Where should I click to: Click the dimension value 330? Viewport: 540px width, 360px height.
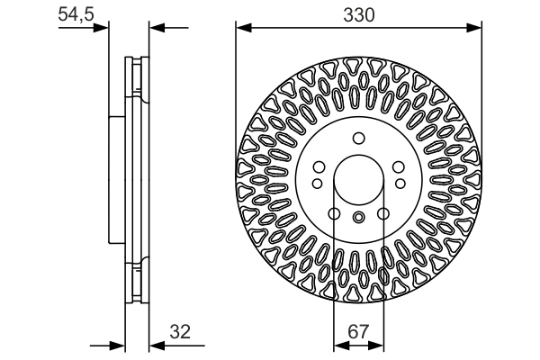click(x=358, y=15)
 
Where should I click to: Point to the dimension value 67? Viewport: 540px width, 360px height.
click(x=358, y=331)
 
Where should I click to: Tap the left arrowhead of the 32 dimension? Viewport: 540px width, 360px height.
click(x=117, y=345)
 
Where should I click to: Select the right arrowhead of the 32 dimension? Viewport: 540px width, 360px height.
click(x=153, y=345)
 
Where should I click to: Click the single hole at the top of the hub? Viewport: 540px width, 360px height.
click(x=358, y=138)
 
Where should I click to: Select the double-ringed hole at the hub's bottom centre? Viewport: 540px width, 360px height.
click(x=358, y=217)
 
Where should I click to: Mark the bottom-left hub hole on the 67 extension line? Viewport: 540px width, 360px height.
click(x=334, y=213)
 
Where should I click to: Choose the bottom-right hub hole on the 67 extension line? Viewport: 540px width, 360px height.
click(x=382, y=213)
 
